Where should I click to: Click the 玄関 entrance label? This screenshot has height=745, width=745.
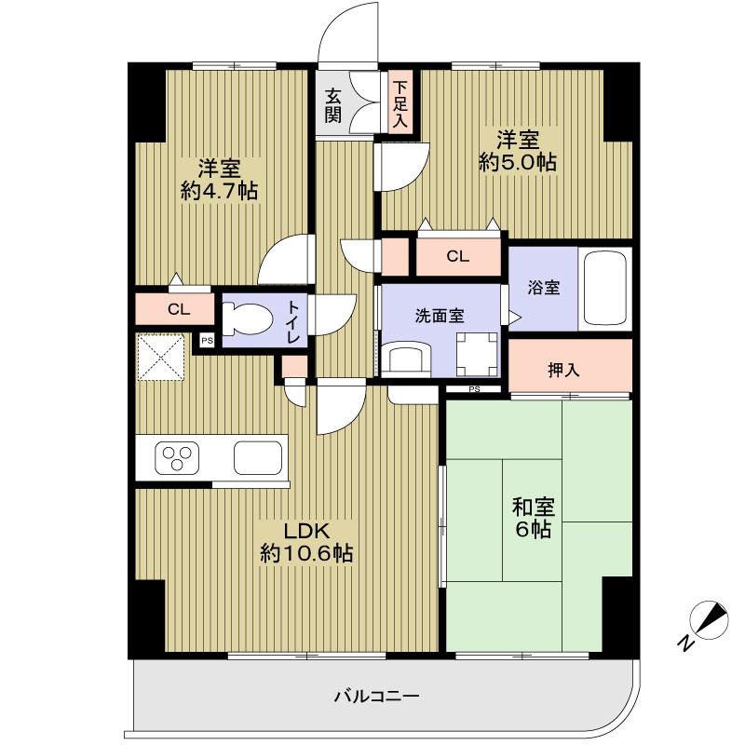pyautogui.click(x=333, y=104)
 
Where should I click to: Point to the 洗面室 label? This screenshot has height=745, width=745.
pyautogui.click(x=440, y=315)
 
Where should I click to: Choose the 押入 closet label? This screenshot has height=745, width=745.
pyautogui.click(x=562, y=369)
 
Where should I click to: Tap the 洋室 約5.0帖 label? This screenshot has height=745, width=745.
pyautogui.click(x=518, y=151)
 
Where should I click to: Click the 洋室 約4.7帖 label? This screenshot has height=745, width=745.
pyautogui.click(x=220, y=181)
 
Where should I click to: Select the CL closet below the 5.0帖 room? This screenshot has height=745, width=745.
pyautogui.click(x=456, y=257)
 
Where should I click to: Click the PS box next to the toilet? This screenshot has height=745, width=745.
pyautogui.click(x=207, y=341)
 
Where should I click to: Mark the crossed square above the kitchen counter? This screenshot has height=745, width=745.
pyautogui.click(x=162, y=358)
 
